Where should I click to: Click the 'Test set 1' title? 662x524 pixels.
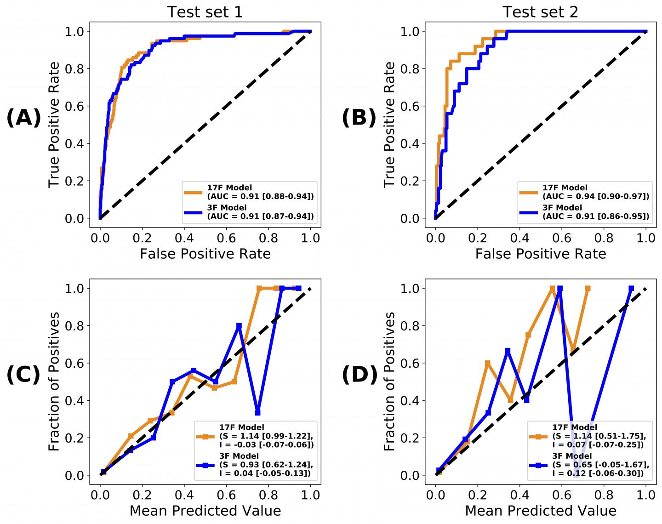pos(205,12)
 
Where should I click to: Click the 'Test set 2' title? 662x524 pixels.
pos(540,12)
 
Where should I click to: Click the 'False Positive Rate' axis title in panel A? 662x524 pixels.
pos(205,254)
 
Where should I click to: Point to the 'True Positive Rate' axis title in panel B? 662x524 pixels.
pos(389,125)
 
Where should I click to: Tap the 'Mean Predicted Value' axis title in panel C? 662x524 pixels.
pos(205,511)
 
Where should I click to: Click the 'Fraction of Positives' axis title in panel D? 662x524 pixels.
pos(389,382)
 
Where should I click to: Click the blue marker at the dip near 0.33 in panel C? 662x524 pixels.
pos(258,412)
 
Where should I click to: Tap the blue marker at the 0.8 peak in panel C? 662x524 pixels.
pos(239,326)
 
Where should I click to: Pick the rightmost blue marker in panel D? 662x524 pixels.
pos(631,289)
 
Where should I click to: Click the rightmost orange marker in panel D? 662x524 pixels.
pos(588,289)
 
